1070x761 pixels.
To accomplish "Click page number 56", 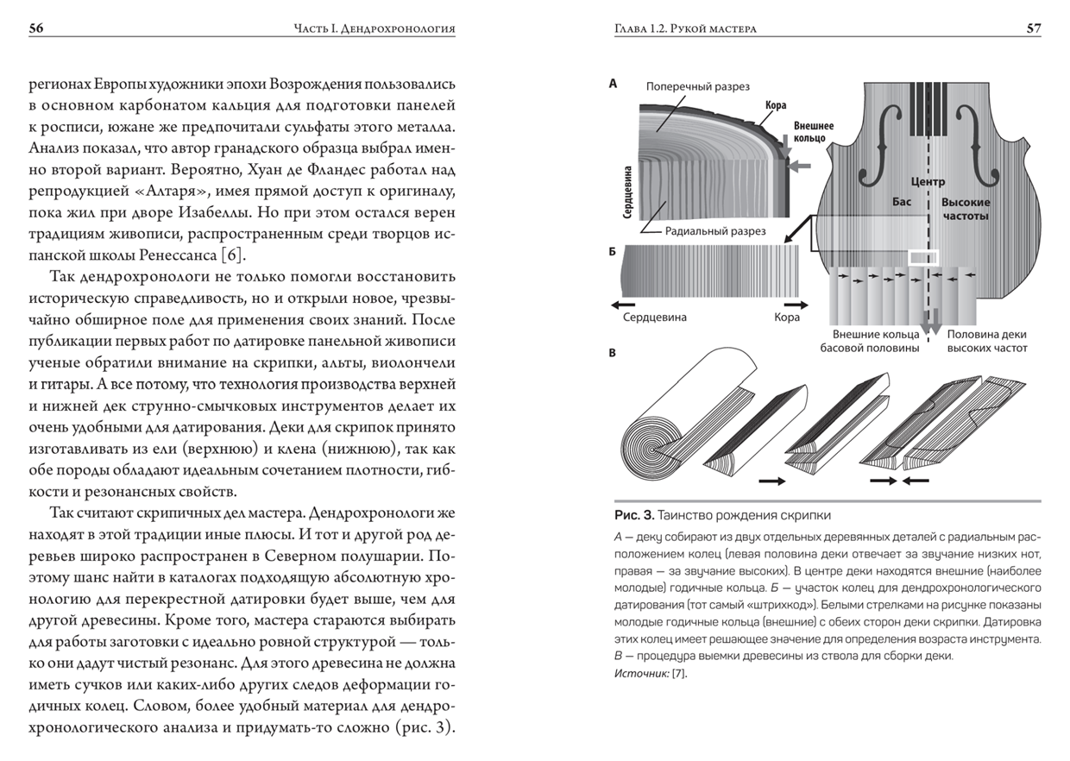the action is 36,28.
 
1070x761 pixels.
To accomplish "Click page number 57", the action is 1034,28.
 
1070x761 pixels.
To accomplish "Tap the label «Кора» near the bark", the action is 776,105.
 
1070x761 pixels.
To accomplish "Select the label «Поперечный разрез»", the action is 698,86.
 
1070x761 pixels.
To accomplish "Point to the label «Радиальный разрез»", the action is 715,231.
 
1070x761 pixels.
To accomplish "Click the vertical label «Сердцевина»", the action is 627,192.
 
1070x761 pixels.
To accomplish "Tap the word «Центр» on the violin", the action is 928,181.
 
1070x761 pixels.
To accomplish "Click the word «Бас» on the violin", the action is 902,202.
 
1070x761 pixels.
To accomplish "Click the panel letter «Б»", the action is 613,252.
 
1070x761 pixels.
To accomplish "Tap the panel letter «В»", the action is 613,353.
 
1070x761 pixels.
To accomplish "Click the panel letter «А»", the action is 614,84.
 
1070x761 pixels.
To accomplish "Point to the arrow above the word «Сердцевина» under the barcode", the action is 623,305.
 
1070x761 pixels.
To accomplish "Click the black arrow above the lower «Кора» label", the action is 796,305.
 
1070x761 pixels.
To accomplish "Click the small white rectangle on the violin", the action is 923,257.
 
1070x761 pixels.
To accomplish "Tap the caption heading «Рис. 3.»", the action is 634,515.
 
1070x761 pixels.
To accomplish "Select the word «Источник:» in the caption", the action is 641,674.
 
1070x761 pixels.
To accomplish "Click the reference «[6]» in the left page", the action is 231,255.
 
